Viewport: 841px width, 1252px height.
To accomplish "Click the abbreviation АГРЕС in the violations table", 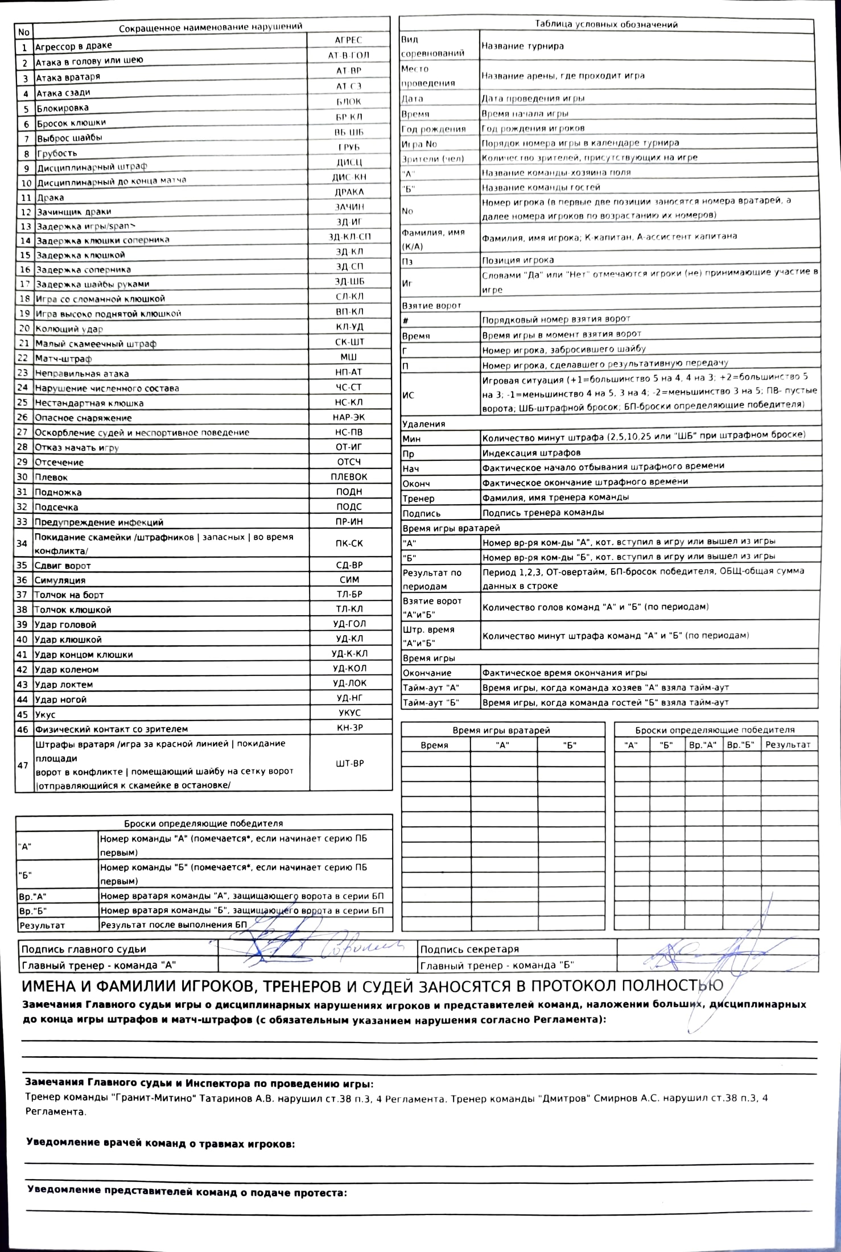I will pos(348,40).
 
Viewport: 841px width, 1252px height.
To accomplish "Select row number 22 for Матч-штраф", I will pos(23,359).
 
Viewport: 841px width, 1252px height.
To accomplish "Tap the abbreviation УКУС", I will pos(349,713).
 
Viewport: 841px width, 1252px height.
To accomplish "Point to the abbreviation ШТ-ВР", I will pos(350,763).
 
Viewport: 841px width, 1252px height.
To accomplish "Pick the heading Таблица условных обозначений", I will pos(606,24).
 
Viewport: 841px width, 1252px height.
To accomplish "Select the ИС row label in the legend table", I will pos(408,395).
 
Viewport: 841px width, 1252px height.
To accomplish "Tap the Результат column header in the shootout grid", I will pos(788,744).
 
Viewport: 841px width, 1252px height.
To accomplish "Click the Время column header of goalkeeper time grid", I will pos(435,745).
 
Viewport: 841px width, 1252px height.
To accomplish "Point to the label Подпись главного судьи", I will pos(84,949).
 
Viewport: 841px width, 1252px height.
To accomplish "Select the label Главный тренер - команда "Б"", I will pos(497,965).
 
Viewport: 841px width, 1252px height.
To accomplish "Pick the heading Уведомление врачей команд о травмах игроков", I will pos(160,1144).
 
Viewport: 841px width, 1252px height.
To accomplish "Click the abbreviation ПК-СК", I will pos(349,543).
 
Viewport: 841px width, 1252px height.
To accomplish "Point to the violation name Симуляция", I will pos(60,580).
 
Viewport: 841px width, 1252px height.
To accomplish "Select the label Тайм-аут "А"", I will pos(431,687).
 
